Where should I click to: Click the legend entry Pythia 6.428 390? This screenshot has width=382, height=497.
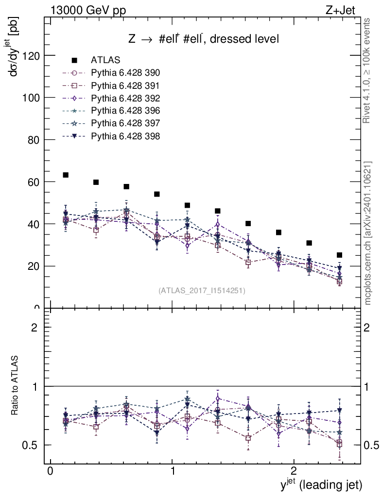pyautogui.click(x=125, y=73)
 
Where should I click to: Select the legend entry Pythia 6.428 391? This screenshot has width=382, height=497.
pyautogui.click(x=125, y=85)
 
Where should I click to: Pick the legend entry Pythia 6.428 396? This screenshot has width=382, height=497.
pyautogui.click(x=125, y=111)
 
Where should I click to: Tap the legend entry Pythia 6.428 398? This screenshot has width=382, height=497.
pyautogui.click(x=125, y=136)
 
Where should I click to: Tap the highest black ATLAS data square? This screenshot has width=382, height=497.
pyautogui.click(x=66, y=175)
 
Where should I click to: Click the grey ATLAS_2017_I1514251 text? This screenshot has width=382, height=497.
pyautogui.click(x=202, y=291)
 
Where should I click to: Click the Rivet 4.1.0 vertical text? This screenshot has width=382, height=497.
pyautogui.click(x=367, y=71)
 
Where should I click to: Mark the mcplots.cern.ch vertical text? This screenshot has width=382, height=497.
pyautogui.click(x=368, y=233)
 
